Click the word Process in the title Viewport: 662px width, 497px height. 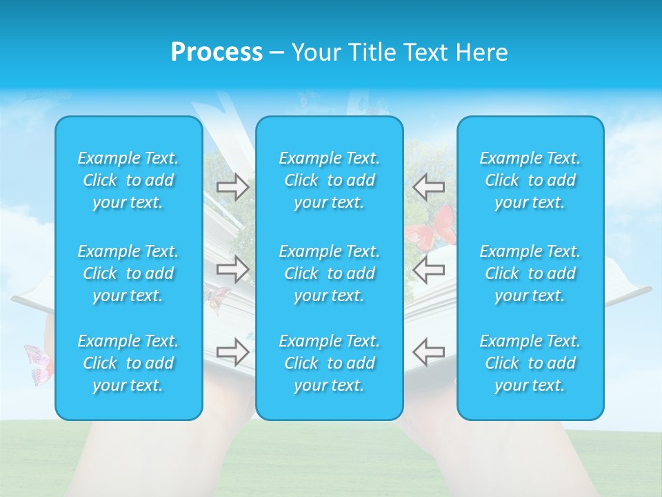217,52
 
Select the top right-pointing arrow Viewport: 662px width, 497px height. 233,187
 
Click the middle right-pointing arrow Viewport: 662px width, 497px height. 233,269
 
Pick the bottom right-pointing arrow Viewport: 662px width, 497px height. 233,351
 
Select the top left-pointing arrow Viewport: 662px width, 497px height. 428,187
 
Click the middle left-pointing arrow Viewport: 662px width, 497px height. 428,269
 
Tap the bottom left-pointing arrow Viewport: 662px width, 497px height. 428,351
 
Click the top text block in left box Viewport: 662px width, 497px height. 128,180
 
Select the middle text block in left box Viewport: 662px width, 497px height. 128,273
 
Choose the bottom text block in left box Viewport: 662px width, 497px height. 128,363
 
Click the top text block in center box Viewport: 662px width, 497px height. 330,180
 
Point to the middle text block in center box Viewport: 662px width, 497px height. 330,273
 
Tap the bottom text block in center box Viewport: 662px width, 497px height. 330,363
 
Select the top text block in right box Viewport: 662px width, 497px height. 530,180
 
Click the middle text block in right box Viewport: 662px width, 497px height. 530,273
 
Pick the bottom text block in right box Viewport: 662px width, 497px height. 530,363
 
